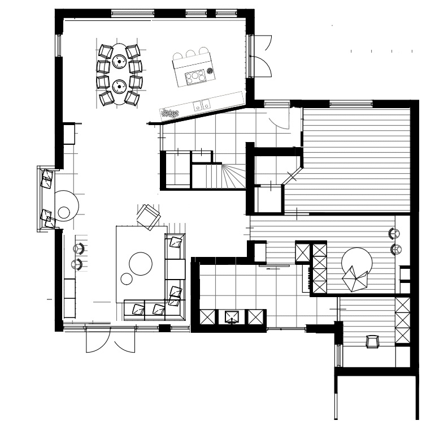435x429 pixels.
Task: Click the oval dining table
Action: pos(119,74)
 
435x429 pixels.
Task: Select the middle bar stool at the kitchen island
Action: pos(190,54)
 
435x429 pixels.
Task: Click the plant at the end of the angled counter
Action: pos(169,113)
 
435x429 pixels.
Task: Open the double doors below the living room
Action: pos(110,340)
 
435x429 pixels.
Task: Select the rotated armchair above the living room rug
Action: pos(149,216)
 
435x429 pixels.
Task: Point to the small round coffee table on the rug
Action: pos(127,278)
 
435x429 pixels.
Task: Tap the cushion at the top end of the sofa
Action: pos(176,242)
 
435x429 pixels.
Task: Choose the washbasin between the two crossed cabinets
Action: pos(232,317)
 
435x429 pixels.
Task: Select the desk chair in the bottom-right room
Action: pos(372,341)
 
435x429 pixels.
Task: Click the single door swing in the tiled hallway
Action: pos(279,119)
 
